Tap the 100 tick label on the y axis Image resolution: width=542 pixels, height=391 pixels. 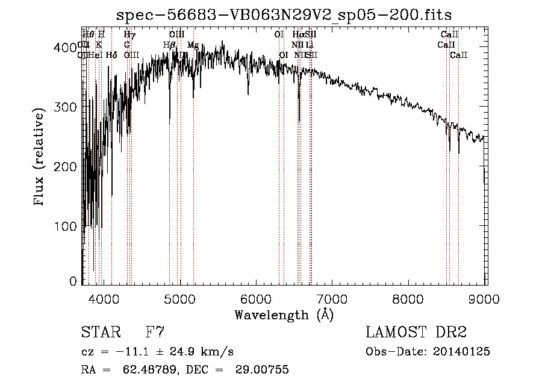click(67, 226)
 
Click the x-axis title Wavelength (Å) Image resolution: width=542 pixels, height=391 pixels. click(284, 314)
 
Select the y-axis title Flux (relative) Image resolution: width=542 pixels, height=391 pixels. click(40, 157)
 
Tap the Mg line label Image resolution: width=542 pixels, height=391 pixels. click(193, 45)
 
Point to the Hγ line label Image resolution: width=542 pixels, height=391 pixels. click(129, 35)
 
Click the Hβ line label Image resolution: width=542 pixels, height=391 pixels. click(169, 45)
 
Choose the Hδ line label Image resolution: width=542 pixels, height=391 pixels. click(111, 55)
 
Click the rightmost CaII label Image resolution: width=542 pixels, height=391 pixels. click(459, 55)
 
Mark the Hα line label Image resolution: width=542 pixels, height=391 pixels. click(298, 35)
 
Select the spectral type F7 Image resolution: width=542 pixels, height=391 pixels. click(155, 332)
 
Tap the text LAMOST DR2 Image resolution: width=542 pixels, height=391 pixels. click(416, 332)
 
